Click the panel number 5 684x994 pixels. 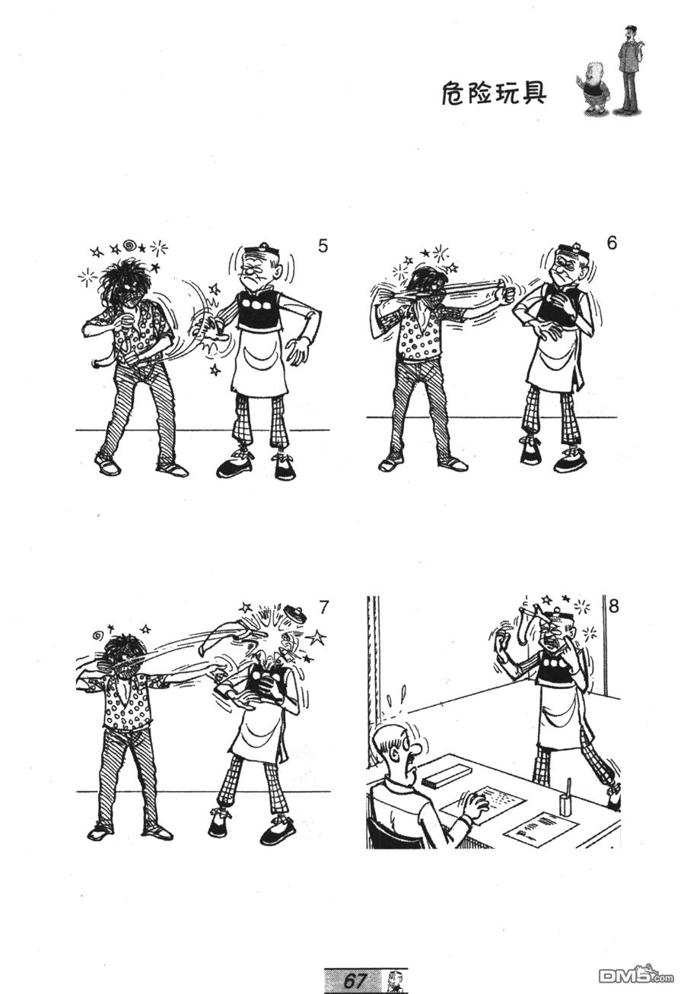[x=323, y=246]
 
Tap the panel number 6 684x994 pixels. [x=611, y=243]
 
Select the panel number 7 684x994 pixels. [x=323, y=607]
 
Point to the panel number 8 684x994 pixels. [x=613, y=606]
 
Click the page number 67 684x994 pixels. [x=355, y=980]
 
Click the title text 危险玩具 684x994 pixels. [x=494, y=94]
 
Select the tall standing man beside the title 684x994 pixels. [x=630, y=69]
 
